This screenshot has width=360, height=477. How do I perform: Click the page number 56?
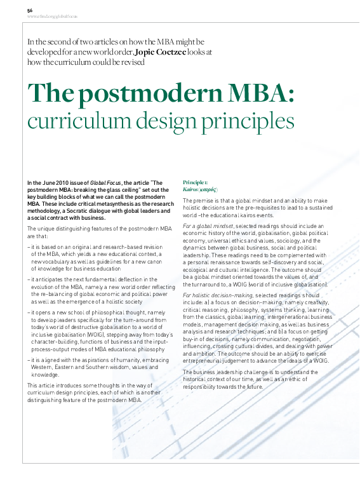pos(30,11)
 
